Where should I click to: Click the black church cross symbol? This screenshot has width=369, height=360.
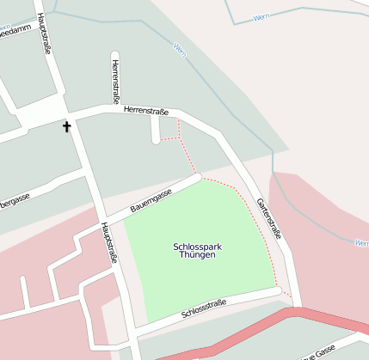67,127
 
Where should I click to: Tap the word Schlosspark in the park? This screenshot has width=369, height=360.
198,247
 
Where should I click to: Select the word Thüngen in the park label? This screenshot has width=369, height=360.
198,256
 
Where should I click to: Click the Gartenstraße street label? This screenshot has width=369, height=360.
269,218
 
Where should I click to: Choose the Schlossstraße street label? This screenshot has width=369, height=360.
204,310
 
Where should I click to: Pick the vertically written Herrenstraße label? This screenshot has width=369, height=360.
114,80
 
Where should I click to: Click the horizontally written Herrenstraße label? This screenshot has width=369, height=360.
146,110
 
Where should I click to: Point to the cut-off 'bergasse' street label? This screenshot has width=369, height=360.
15,201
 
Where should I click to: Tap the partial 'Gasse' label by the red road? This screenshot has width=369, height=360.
317,353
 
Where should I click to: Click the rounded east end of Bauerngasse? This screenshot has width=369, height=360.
197,178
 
